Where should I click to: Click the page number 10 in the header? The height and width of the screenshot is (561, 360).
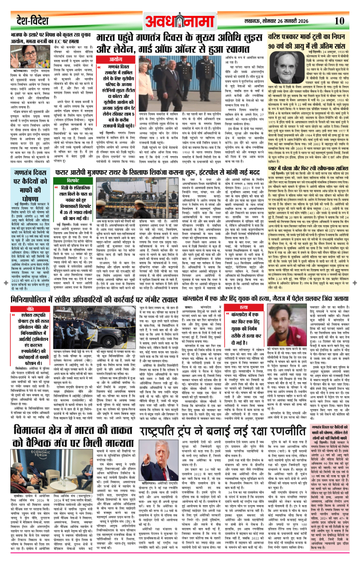339,21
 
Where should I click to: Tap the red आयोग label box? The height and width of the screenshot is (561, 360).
115,59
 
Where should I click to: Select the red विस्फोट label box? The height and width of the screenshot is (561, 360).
73,180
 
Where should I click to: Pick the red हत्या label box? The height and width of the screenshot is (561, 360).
244,307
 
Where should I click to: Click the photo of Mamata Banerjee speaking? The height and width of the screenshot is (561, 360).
22,57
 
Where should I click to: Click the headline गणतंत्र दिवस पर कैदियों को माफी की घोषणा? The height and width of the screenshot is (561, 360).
30,185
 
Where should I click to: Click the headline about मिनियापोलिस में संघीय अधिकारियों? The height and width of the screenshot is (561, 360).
94,300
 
